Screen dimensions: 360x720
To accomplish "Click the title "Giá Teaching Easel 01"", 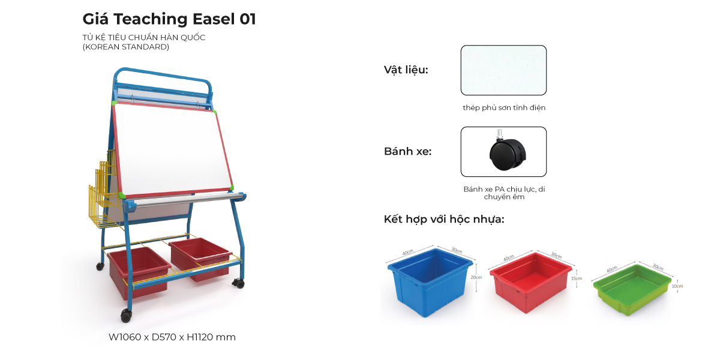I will click(x=169, y=19).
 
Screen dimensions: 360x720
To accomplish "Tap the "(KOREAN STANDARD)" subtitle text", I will click(x=126, y=47).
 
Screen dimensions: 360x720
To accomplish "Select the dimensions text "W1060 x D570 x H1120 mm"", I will click(x=172, y=337).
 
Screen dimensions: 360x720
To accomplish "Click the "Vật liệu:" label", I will click(x=406, y=70).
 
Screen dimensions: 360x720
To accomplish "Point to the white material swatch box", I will click(x=503, y=70).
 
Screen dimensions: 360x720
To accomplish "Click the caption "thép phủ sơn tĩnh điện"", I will click(x=504, y=108).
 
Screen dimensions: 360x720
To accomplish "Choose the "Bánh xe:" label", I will click(x=408, y=151).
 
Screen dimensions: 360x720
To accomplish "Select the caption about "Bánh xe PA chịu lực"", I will click(x=504, y=193).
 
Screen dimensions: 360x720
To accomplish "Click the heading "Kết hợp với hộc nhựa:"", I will click(x=444, y=219).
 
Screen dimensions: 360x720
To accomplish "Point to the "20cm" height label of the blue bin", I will click(x=476, y=277).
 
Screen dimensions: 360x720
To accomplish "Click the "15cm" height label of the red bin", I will click(x=577, y=278).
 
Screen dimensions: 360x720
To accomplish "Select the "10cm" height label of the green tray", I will click(x=678, y=287).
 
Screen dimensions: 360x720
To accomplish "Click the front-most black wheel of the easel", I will click(x=126, y=316).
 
